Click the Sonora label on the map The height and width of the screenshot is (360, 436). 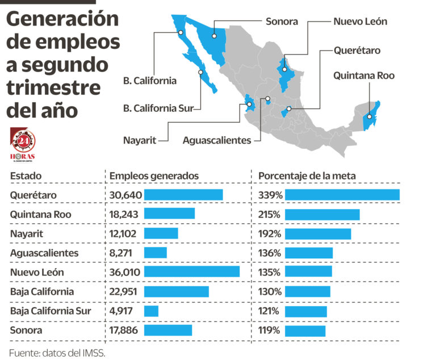point(282,22)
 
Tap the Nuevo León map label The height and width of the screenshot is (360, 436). point(360,22)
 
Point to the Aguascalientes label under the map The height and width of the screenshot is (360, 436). point(217,140)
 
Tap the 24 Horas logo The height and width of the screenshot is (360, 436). point(23,144)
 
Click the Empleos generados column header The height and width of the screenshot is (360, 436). point(154,176)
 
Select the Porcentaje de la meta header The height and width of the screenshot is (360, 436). point(307,176)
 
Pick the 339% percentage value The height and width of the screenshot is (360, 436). point(269,195)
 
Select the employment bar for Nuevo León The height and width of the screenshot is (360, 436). point(192,272)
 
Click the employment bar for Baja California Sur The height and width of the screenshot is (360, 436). point(151,311)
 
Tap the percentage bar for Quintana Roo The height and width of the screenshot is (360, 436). point(322,215)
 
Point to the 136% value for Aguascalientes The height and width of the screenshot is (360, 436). point(269,253)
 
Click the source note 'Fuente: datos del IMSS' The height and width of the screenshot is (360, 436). point(57,352)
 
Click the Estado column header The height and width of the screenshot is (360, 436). point(26,176)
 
